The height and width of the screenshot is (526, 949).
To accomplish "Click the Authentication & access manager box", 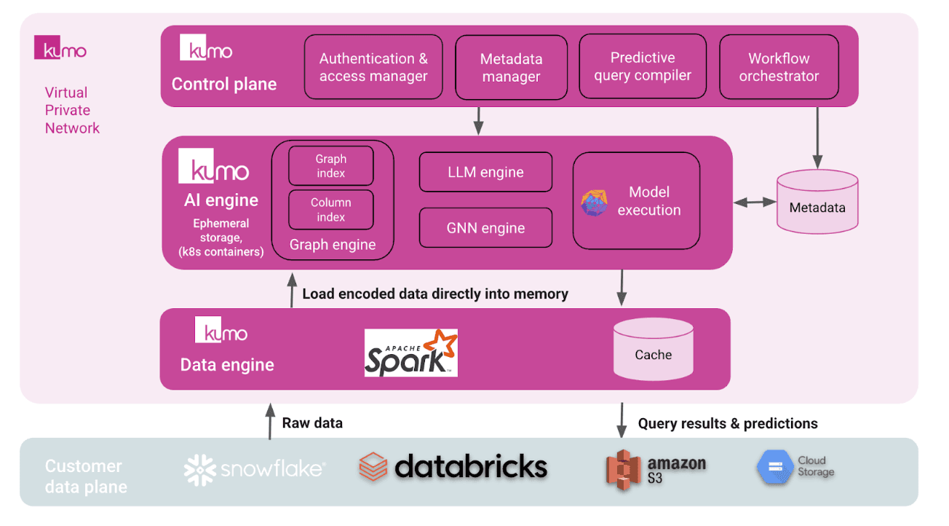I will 373,67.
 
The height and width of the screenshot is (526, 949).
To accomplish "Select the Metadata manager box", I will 511,68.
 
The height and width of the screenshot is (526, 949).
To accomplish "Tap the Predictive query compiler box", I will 642,66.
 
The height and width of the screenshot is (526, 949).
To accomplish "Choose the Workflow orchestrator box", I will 779,67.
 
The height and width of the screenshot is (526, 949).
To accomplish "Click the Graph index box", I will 331,166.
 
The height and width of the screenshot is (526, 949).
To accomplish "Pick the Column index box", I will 331,210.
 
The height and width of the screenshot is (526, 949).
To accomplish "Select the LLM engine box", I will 485,173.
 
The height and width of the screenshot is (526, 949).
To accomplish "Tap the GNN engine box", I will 485,228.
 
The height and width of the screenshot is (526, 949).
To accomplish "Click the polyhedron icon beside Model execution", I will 594,203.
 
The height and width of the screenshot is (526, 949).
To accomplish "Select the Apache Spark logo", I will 410,353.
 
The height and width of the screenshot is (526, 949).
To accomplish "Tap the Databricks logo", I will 453,467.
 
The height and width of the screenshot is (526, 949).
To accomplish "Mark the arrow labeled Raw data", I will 270,423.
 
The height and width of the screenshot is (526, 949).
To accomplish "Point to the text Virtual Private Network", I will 72,111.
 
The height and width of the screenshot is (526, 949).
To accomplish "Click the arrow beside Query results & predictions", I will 622,422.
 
